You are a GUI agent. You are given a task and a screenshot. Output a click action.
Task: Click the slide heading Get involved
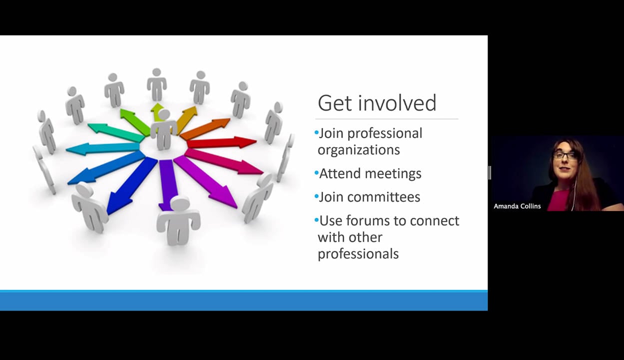pyautogui.click(x=377, y=103)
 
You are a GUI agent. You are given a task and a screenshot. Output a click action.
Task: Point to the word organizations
pyautogui.click(x=359, y=150)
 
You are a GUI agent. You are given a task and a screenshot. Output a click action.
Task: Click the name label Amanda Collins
pyautogui.click(x=517, y=206)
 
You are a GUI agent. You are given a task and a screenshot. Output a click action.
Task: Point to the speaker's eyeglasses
pyautogui.click(x=566, y=155)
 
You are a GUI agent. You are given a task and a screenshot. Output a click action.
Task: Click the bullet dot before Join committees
pyautogui.click(x=316, y=196)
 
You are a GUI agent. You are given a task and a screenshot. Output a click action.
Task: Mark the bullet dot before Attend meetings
pyautogui.click(x=316, y=173)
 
